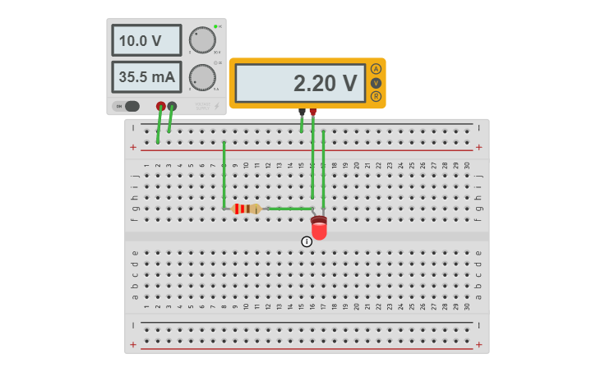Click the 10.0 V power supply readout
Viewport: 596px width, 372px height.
[x=146, y=40]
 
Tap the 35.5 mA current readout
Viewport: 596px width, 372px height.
[x=146, y=77]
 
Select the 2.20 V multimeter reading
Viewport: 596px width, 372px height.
[x=300, y=83]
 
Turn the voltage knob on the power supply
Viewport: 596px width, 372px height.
[x=201, y=39]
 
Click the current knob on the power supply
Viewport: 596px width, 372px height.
[x=201, y=77]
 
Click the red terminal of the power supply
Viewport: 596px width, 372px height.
[x=161, y=106]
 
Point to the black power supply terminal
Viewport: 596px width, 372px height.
[x=172, y=106]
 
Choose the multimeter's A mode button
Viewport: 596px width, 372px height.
[x=376, y=69]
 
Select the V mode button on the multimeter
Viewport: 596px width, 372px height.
[x=376, y=83]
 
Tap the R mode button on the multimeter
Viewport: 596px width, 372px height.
[x=376, y=96]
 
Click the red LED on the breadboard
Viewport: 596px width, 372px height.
[x=319, y=228]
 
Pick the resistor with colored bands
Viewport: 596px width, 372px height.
[x=247, y=209]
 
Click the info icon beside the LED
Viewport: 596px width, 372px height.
[x=307, y=241]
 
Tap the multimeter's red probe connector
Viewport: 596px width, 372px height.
[x=312, y=112]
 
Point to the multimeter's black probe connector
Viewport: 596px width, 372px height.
[x=302, y=112]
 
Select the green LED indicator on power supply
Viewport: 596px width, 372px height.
[x=215, y=27]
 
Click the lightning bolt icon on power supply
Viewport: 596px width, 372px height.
[x=218, y=106]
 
